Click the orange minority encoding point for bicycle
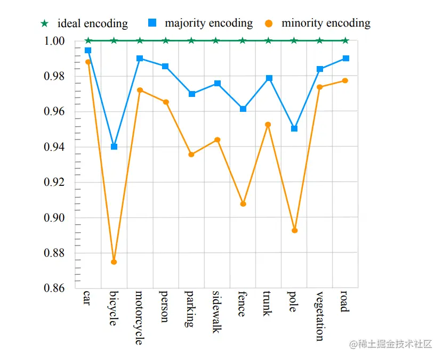(114, 262)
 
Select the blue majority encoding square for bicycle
(114, 146)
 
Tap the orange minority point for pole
(294, 231)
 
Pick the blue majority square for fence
(243, 109)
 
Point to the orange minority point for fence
(243, 204)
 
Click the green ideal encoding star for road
(345, 40)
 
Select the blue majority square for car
(88, 50)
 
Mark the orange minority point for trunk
(268, 125)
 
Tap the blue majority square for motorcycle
(140, 58)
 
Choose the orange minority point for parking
(191, 154)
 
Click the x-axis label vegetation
(319, 316)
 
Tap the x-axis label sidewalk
(216, 312)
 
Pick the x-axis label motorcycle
(139, 317)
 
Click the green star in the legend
(44, 24)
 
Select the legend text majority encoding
(208, 23)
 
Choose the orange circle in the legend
(269, 24)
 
